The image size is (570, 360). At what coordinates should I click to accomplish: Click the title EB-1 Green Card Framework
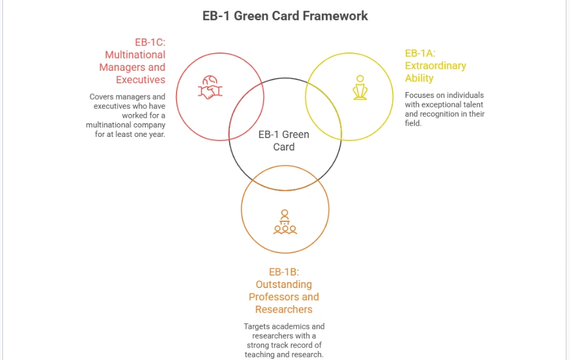tap(285, 16)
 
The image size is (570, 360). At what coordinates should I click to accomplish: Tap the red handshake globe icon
tap(210, 87)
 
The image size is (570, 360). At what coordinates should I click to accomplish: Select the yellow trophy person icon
tap(360, 87)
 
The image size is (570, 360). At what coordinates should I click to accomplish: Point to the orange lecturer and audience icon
tap(285, 222)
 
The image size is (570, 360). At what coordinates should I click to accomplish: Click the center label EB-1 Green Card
tap(284, 140)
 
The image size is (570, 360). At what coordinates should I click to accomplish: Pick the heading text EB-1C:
tap(150, 42)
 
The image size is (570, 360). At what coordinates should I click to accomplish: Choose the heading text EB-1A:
tap(420, 53)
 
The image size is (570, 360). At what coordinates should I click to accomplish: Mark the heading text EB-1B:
tap(284, 271)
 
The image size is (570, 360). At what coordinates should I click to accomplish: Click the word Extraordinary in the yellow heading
tap(435, 66)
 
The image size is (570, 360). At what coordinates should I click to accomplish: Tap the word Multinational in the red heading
tap(135, 55)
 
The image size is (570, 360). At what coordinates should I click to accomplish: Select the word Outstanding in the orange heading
tap(284, 284)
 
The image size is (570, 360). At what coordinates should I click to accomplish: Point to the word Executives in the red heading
tap(141, 80)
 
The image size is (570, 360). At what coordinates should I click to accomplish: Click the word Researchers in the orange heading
tap(284, 309)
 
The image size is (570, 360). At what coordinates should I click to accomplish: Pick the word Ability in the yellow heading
tap(419, 78)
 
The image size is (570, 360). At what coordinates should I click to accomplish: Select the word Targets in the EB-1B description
tap(256, 326)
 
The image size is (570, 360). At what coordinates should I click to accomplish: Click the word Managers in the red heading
tap(122, 67)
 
